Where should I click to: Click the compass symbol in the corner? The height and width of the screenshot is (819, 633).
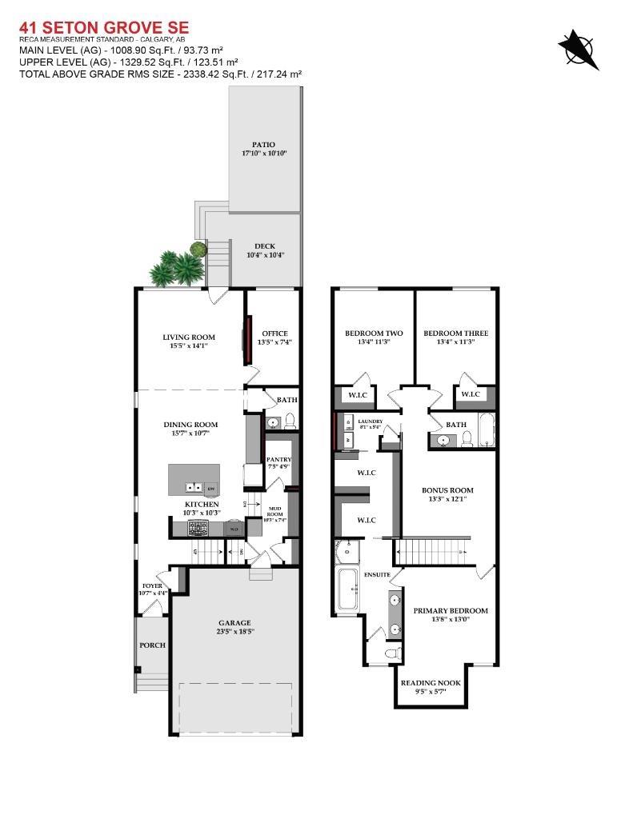[x=579, y=47]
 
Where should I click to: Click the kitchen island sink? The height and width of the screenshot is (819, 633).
[x=194, y=487]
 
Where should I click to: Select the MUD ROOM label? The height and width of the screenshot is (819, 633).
[x=274, y=510]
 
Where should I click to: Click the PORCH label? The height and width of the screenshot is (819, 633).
[x=152, y=645]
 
